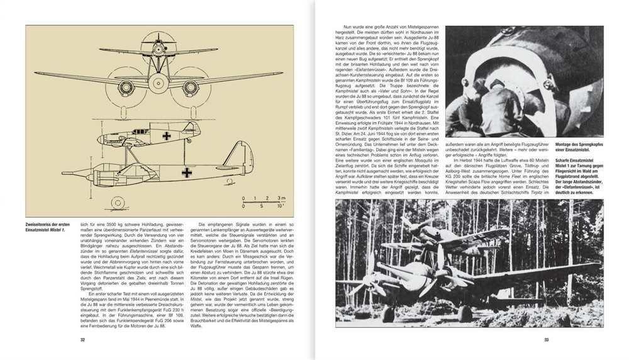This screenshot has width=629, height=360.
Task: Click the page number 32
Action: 82,340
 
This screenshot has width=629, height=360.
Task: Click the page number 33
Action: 546,340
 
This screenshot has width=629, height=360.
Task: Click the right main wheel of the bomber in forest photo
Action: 465,313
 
